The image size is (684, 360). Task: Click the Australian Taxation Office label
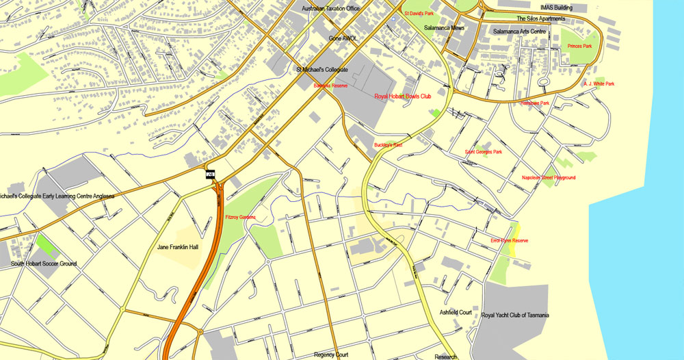330,8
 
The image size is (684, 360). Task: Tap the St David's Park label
419,13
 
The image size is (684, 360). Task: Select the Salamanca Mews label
444,28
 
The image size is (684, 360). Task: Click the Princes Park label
579,47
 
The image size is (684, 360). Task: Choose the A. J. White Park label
598,84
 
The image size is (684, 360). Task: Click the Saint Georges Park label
483,152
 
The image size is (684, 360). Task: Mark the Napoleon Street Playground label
548,178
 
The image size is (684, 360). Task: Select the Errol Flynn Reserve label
510,241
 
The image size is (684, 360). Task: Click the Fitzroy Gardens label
240,217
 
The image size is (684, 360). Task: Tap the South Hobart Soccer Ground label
44,263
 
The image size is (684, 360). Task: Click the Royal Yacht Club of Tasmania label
515,315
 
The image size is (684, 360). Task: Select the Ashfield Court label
456,312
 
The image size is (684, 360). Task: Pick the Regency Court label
331,355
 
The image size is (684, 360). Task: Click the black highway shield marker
211,175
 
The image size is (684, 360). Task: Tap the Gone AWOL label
343,39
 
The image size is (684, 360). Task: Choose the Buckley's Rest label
388,145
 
